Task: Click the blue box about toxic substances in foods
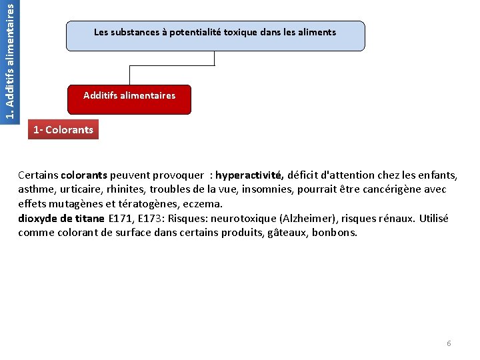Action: (x=215, y=35)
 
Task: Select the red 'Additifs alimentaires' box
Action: (x=129, y=99)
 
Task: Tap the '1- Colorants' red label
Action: (x=64, y=129)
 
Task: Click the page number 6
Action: (x=449, y=343)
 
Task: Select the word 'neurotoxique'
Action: (x=241, y=219)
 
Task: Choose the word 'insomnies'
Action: (x=253, y=190)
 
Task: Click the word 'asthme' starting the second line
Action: (x=33, y=190)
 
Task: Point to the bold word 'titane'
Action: (x=89, y=219)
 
